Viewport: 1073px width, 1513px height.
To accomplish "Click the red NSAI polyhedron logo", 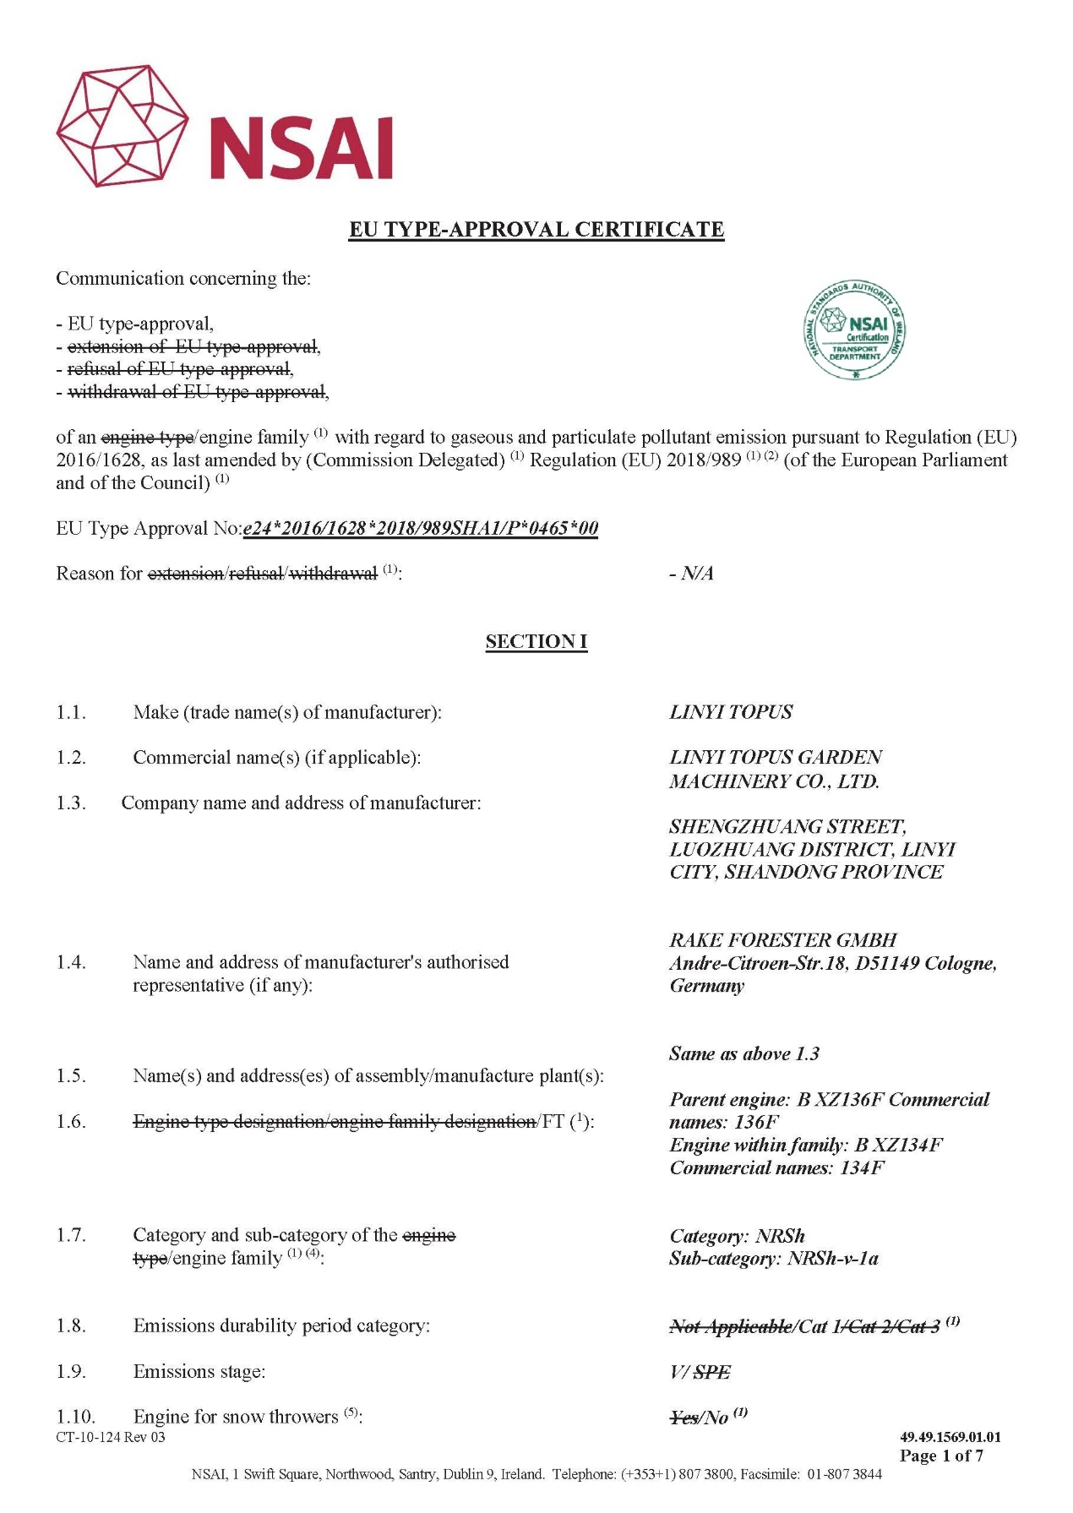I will [x=123, y=126].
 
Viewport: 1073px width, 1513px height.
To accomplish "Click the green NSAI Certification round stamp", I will [x=853, y=330].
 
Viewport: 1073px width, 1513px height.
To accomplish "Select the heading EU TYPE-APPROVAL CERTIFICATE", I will [x=536, y=230].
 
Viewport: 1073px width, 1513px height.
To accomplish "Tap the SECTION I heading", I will [x=536, y=642].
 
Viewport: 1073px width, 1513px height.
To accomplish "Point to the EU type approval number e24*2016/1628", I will [x=420, y=529].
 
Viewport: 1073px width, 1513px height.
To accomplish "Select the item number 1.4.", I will [x=71, y=962].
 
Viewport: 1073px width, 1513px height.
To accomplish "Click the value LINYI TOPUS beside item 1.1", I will [x=731, y=712].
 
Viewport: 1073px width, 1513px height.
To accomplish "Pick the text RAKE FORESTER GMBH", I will [x=782, y=940].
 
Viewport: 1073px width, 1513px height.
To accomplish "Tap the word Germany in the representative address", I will [x=706, y=986].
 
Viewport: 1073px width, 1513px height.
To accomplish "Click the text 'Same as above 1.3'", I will [x=743, y=1053].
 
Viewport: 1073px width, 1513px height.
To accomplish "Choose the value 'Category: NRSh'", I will [x=737, y=1236].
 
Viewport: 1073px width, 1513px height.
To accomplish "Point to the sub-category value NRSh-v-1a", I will [x=832, y=1259].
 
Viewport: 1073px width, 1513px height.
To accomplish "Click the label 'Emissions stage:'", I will [x=199, y=1372].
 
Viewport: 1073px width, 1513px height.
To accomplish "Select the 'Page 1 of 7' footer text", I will [x=941, y=1456].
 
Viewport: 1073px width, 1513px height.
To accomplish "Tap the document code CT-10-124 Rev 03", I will [x=111, y=1437].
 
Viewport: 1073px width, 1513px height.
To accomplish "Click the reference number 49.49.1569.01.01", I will [x=950, y=1437].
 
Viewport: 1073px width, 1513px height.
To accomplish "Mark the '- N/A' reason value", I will [x=691, y=574].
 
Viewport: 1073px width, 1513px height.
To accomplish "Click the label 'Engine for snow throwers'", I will [x=236, y=1417].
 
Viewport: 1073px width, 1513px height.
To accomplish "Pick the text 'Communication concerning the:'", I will [x=183, y=279].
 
